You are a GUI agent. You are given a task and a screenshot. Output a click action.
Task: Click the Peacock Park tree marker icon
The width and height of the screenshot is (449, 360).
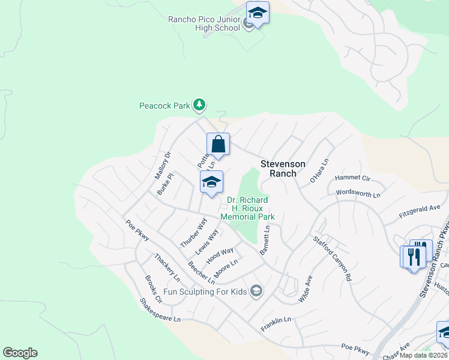[x=199, y=106]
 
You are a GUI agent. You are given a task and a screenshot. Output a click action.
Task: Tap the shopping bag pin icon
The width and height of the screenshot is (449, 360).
[x=218, y=145]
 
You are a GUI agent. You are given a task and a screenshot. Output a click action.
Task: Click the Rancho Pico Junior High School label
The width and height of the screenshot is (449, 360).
[x=203, y=23]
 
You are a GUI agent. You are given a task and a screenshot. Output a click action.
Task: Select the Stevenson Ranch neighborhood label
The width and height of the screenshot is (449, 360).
[x=283, y=169]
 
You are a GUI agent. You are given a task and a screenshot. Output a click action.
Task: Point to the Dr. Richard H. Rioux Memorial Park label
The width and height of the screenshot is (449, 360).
[x=247, y=208]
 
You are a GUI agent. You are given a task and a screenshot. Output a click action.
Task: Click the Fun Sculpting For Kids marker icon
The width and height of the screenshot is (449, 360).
[x=257, y=292]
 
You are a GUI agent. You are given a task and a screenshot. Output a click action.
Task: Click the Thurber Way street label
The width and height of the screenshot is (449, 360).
[x=193, y=233]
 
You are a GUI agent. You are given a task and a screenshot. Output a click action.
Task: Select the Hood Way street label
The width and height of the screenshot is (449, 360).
[x=220, y=256]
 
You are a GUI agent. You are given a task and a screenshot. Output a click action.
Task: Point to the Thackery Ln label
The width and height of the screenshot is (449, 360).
[x=167, y=268]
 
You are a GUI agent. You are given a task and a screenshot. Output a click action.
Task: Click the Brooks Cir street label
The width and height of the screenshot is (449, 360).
[x=154, y=289]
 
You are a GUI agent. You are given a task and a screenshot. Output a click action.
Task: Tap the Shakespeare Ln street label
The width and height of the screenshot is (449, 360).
[x=160, y=310]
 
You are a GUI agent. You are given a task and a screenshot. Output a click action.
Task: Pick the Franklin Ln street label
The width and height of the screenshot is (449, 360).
[x=276, y=325]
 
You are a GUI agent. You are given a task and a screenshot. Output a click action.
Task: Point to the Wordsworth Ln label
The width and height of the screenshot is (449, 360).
[x=358, y=194]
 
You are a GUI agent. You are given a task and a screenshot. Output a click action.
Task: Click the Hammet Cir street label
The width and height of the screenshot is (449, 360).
[x=354, y=178]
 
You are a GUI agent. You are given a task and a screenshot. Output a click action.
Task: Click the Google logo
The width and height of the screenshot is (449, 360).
[x=20, y=353]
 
